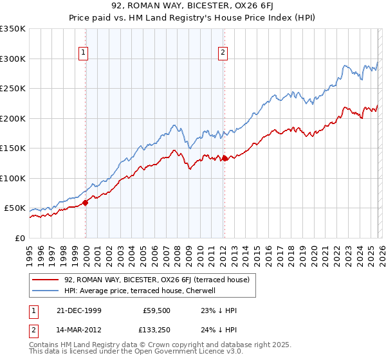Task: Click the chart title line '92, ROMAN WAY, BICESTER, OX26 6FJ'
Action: [x=192, y=7]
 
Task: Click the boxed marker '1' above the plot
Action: [x=84, y=53]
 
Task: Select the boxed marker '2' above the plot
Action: [x=223, y=53]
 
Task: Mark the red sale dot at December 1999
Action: [x=86, y=203]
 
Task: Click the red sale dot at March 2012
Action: [x=224, y=158]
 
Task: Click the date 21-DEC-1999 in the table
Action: [x=75, y=310]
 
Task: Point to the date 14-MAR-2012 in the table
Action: [x=75, y=331]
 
